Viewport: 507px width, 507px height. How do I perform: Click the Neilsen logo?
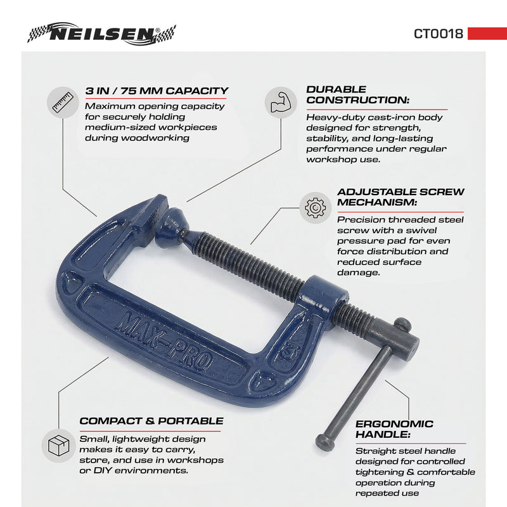pyautogui.click(x=101, y=33)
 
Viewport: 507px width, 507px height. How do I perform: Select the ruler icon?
pyautogui.click(x=63, y=102)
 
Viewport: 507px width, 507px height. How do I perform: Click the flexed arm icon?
pyautogui.click(x=280, y=102)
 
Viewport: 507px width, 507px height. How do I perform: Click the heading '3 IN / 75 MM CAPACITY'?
pyautogui.click(x=157, y=91)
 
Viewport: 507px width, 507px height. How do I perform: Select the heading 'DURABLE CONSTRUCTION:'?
pyautogui.click(x=357, y=94)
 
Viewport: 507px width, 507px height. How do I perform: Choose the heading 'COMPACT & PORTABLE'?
pyautogui.click(x=151, y=421)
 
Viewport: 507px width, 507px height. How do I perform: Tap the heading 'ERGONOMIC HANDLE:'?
pyautogui.click(x=394, y=429)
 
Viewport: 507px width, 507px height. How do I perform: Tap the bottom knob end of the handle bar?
pyautogui.click(x=324, y=441)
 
